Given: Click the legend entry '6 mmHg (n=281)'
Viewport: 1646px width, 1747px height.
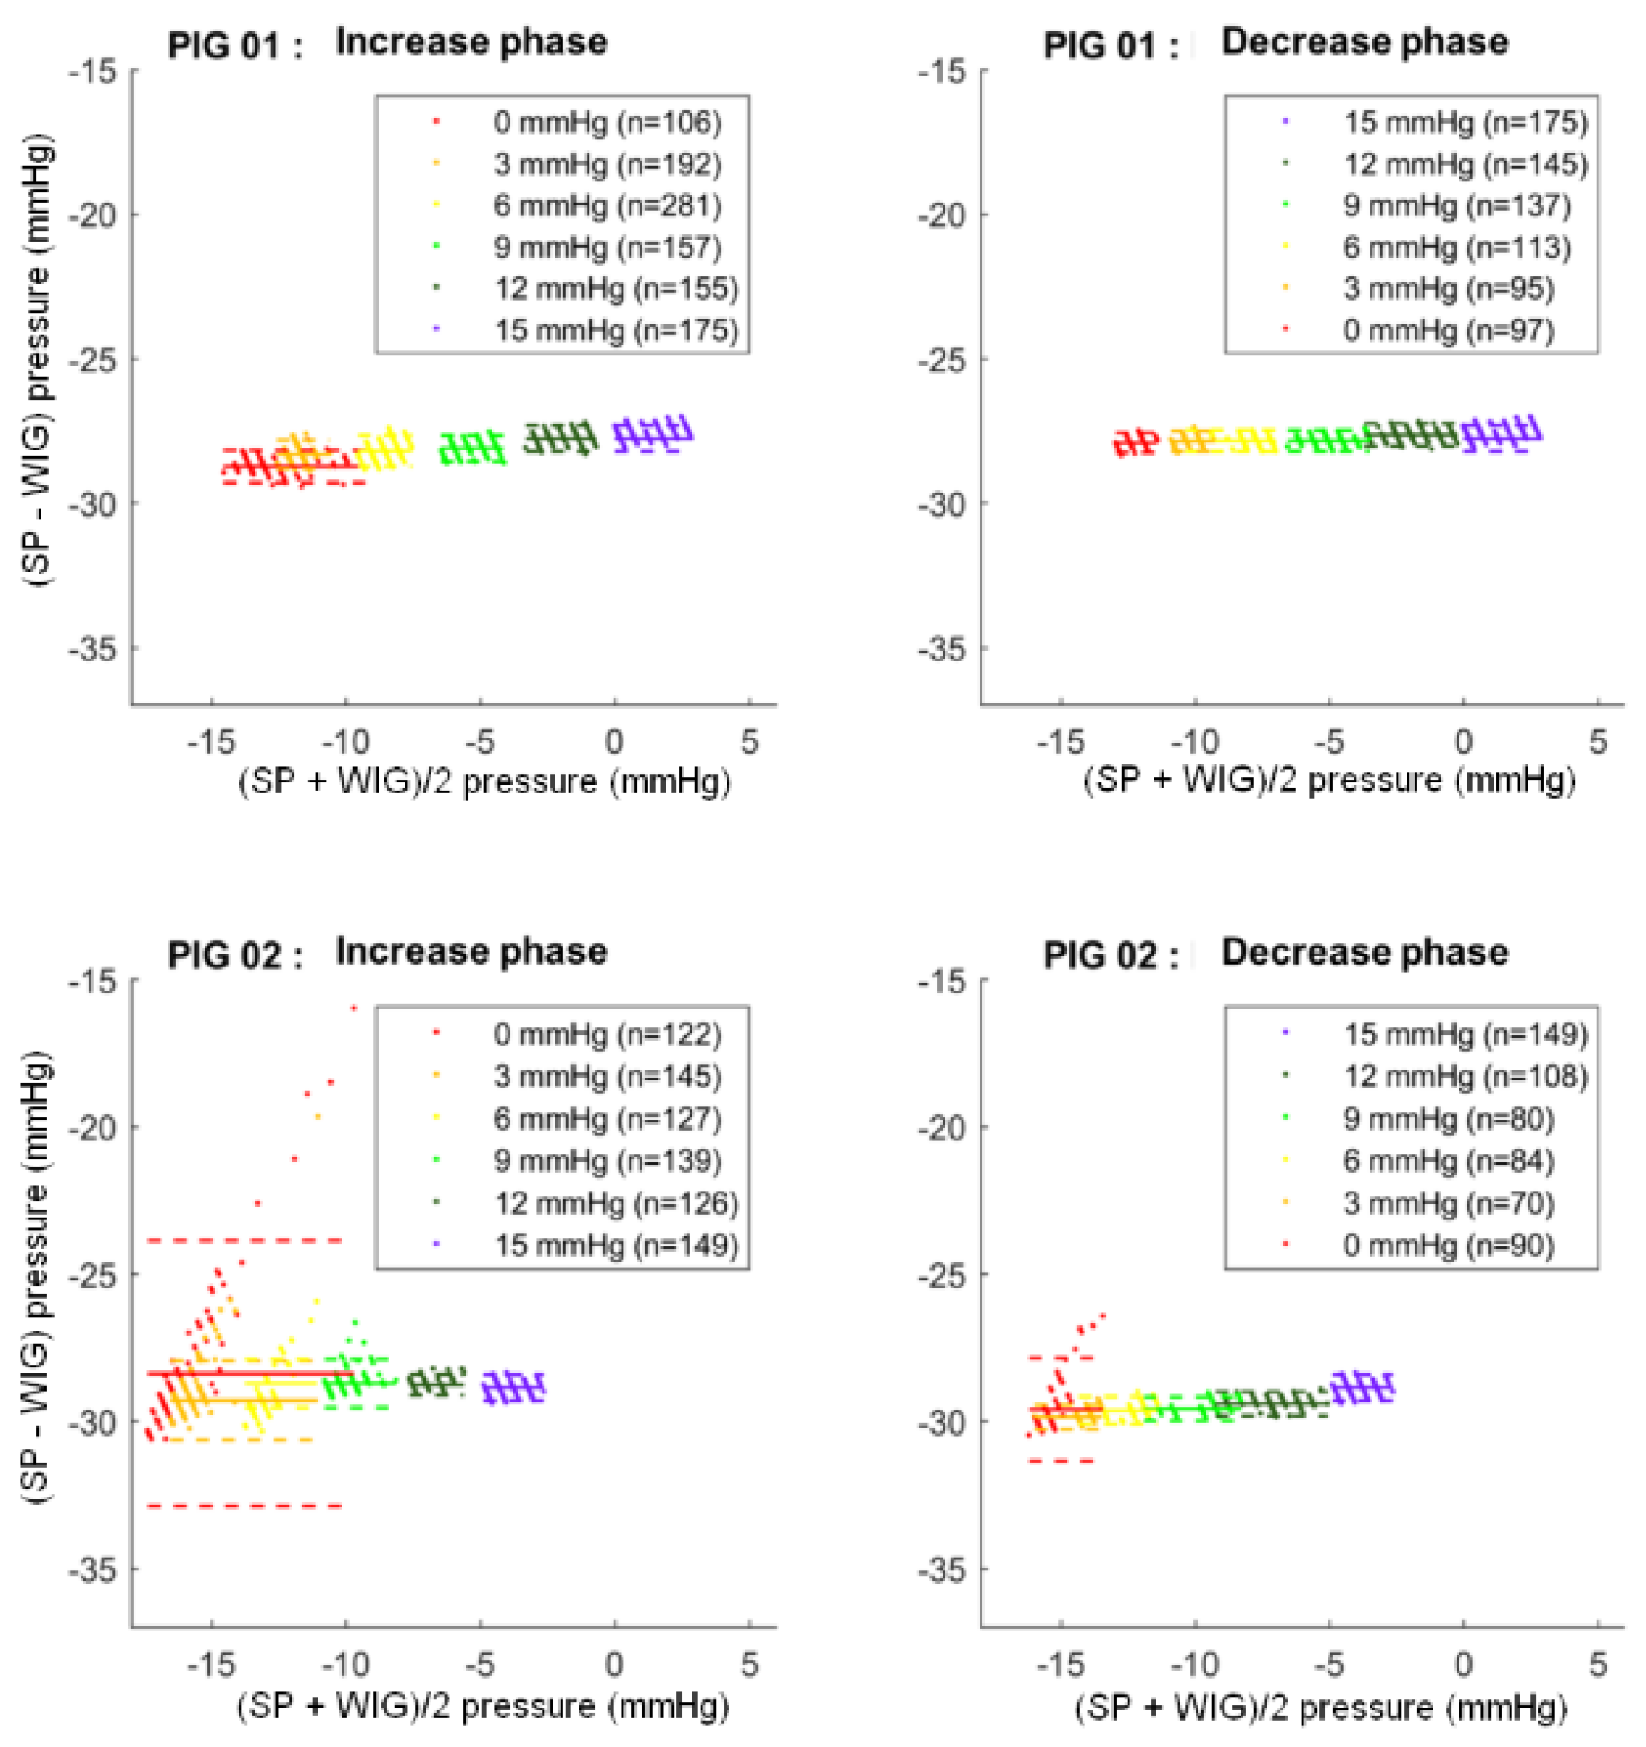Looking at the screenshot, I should (606, 205).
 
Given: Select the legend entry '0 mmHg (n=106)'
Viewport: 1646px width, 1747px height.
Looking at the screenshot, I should (606, 122).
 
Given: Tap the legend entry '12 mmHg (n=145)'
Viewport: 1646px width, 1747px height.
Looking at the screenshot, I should (1464, 164).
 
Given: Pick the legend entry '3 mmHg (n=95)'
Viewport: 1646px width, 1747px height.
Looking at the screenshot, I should (1447, 289).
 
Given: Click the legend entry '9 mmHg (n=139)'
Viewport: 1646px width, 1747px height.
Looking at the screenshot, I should (606, 1160).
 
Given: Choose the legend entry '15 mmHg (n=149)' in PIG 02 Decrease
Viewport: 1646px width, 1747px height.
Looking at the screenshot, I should (1464, 1034).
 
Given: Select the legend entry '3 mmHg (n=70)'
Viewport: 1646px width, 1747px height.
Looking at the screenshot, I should (1447, 1202).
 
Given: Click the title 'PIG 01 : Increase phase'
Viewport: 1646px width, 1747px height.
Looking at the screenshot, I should (388, 43).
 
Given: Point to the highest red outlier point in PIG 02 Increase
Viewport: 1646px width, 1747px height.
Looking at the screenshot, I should (353, 1009).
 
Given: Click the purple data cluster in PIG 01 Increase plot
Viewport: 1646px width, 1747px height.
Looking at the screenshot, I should (652, 435).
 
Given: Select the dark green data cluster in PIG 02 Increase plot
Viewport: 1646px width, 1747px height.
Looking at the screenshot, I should (436, 1382).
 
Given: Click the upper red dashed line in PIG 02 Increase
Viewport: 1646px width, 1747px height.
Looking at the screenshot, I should (244, 1240).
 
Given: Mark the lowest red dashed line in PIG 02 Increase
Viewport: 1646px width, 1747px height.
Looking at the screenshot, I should (244, 1506).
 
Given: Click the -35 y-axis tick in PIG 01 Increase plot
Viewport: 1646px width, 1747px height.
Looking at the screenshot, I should (93, 648).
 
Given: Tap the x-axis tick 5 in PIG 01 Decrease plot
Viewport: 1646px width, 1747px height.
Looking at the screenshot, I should (1598, 742).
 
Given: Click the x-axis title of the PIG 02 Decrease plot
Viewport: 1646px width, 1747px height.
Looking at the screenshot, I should (1320, 1706).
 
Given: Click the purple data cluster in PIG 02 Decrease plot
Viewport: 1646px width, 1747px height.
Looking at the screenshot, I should (1362, 1388).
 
